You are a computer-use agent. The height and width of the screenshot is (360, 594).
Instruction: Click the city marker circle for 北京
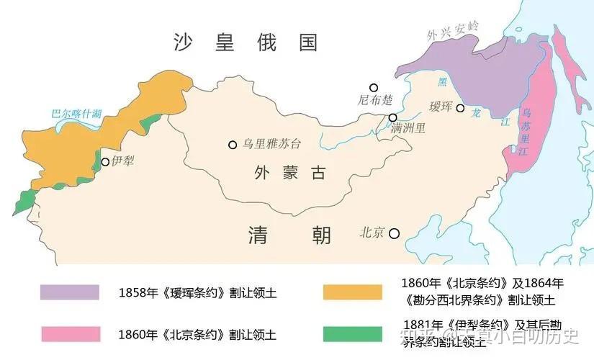tap(395, 233)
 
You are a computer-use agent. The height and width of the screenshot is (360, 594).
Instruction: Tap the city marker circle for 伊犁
tap(105, 162)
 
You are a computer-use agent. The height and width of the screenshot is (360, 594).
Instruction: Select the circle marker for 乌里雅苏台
tap(233, 145)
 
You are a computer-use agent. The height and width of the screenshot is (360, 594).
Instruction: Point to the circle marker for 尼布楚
tap(373, 87)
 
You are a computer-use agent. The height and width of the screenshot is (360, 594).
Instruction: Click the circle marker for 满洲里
tap(392, 117)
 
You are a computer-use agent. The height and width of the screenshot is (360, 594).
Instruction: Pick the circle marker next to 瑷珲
tap(460, 108)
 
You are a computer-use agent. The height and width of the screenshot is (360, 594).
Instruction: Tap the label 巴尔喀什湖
tap(76, 114)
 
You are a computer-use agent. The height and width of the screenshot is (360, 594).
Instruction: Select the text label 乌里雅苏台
tap(272, 144)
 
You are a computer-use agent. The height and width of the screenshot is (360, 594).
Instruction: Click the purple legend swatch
tap(70, 292)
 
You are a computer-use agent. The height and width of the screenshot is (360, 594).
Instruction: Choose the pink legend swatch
tap(70, 334)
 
